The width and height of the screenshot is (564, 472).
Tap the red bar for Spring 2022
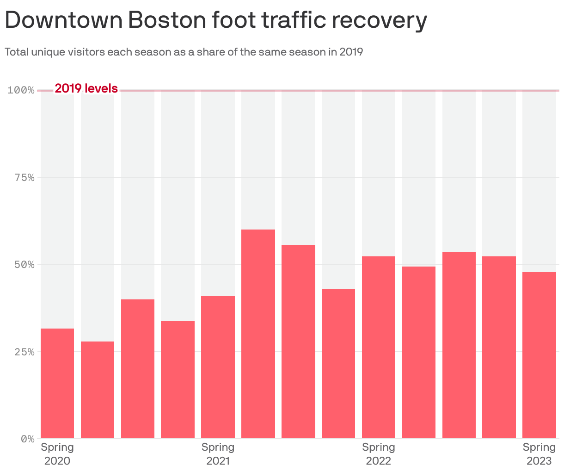(378, 347)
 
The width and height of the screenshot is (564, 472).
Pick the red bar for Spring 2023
(539, 355)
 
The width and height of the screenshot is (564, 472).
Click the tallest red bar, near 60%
(258, 334)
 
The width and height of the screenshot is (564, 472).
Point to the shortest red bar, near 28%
(98, 390)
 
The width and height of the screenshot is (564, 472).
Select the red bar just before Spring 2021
(178, 379)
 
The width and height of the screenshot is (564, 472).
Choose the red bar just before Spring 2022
(338, 364)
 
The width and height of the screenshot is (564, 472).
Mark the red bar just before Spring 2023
(499, 347)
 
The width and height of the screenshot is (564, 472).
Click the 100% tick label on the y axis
(21, 90)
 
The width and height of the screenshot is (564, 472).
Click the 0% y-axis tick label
(27, 439)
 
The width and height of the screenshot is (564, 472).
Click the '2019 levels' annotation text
(86, 88)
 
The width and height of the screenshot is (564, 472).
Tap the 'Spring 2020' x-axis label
(57, 454)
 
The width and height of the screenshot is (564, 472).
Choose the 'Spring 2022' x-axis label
(378, 454)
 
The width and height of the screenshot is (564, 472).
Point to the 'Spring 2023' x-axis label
(539, 454)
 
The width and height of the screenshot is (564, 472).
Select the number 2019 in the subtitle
(351, 52)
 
